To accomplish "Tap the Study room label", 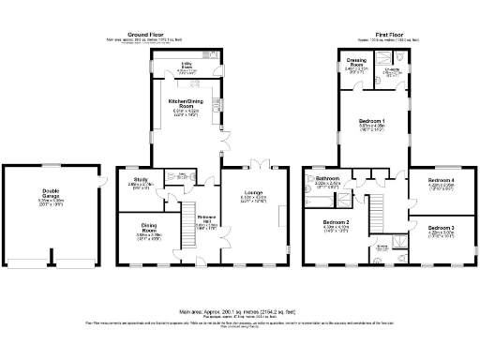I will click(x=141, y=179).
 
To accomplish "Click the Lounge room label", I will click(x=254, y=194).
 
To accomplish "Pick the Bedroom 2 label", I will click(x=336, y=222).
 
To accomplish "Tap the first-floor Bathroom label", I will click(x=327, y=178).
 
